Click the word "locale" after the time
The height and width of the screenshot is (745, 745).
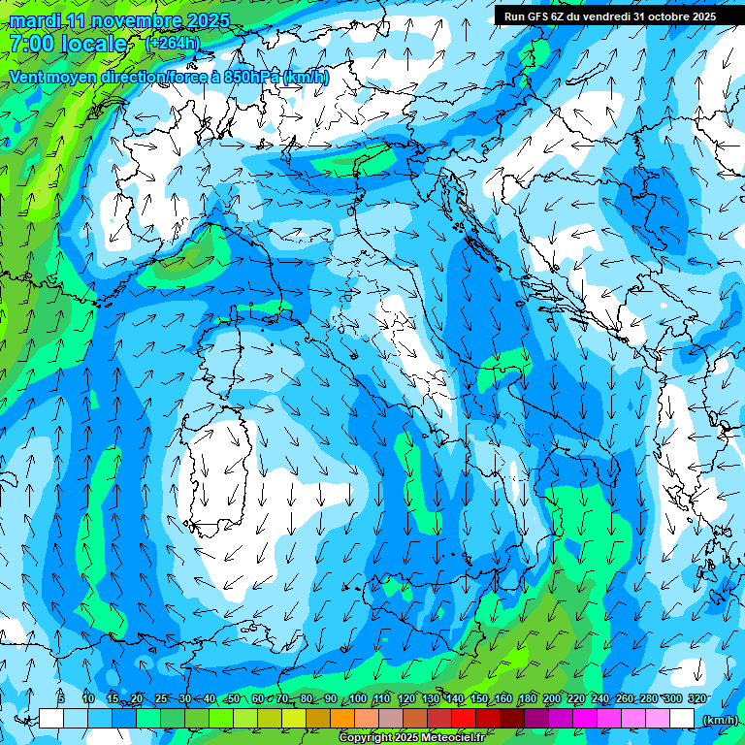tap(92, 44)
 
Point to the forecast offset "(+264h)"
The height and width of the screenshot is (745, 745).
tap(173, 43)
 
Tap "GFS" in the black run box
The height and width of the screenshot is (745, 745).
tap(534, 16)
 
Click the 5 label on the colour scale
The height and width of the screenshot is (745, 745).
tap(61, 698)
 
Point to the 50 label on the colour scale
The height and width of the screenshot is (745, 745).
tap(234, 698)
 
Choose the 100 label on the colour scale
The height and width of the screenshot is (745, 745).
tap(358, 698)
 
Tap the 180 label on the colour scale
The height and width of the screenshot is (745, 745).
tap(528, 698)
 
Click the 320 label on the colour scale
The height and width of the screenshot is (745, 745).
tap(697, 698)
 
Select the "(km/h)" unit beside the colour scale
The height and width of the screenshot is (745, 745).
tap(720, 719)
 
